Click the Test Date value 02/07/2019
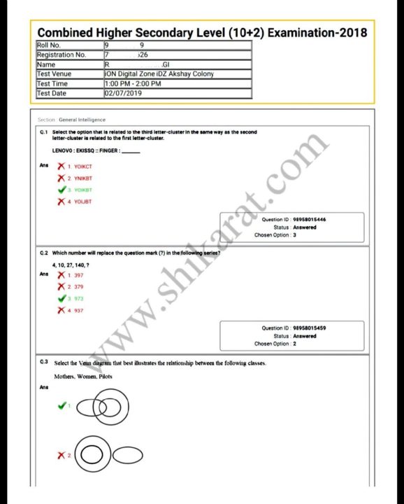(x=122, y=93)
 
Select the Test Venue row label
(x=54, y=73)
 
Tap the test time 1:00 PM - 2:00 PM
(x=133, y=83)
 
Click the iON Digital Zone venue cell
(x=159, y=73)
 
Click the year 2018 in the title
(x=347, y=32)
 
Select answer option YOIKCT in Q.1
(x=83, y=167)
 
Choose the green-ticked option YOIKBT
(x=83, y=190)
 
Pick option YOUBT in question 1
(x=82, y=202)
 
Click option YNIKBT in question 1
(x=83, y=178)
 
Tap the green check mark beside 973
(x=62, y=298)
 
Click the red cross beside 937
(x=62, y=310)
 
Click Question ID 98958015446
(x=309, y=220)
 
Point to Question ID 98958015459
(x=309, y=328)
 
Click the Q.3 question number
(x=44, y=362)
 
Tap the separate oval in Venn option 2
(x=129, y=456)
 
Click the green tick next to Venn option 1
(x=62, y=405)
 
